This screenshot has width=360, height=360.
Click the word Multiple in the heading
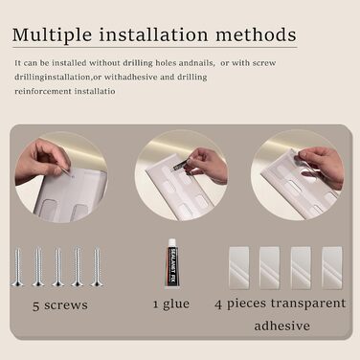click(x=52, y=35)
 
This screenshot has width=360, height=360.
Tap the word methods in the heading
click(x=256, y=34)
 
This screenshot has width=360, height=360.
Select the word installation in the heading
click(x=154, y=34)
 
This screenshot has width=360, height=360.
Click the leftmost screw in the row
click(x=17, y=267)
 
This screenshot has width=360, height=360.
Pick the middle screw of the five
click(x=57, y=267)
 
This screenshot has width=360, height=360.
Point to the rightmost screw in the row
click(x=97, y=267)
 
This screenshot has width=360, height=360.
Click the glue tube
click(x=172, y=263)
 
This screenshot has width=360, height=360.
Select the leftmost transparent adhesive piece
click(x=239, y=267)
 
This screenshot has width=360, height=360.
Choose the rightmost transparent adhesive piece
click(x=332, y=267)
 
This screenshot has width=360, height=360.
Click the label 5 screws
click(x=60, y=305)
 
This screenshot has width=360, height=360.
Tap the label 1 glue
click(x=171, y=304)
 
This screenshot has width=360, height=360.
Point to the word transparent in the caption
click(x=308, y=304)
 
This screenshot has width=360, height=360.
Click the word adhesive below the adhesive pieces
click(x=282, y=326)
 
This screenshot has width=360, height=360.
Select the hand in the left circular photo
click(x=41, y=161)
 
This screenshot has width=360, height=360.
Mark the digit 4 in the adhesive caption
click(x=218, y=304)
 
